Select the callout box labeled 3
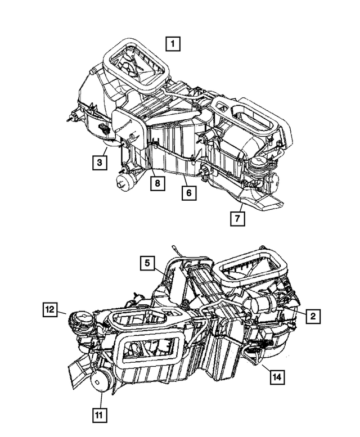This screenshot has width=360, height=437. pyautogui.click(x=100, y=163)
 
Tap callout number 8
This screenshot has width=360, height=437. pyautogui.click(x=159, y=183)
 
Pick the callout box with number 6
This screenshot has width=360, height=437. pyautogui.click(x=188, y=193)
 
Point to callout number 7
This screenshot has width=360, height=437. pyautogui.click(x=238, y=218)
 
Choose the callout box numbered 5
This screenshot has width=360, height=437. pyautogui.click(x=147, y=263)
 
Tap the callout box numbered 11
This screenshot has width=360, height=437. pyautogui.click(x=100, y=416)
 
